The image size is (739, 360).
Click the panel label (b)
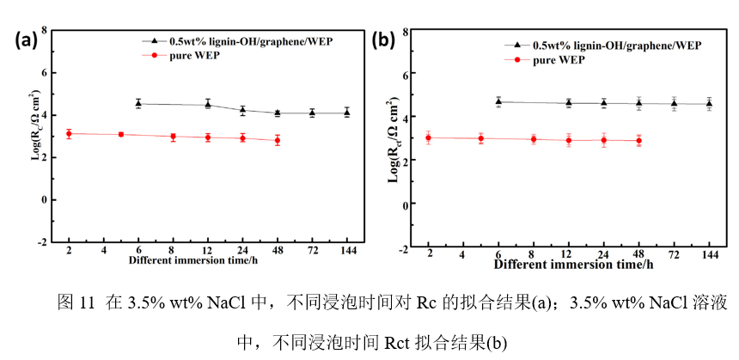click(383, 40)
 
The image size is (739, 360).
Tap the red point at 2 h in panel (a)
click(69, 133)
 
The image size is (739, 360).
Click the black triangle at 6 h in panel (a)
click(138, 104)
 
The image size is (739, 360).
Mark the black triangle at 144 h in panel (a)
click(346, 112)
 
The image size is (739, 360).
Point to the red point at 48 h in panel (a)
click(277, 140)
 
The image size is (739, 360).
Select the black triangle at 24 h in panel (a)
click(242, 110)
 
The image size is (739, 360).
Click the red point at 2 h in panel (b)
click(429, 137)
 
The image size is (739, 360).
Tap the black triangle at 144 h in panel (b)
click(710, 103)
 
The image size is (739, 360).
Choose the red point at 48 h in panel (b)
click(638, 140)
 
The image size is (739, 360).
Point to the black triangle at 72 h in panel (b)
click(675, 103)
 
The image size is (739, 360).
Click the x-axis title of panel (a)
click(194, 259)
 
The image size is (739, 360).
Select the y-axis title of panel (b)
click(394, 143)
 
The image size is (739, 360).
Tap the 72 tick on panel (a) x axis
click(312, 250)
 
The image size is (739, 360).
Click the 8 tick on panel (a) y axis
click(45, 30)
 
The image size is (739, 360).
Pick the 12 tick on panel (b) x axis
click(568, 256)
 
